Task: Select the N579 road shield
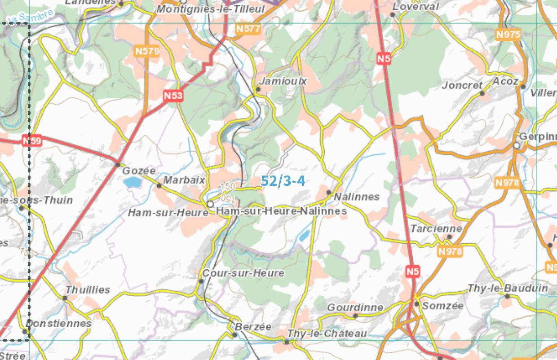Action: click(x=147, y=51)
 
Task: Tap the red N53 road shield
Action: click(x=173, y=96)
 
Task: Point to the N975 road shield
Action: click(x=508, y=35)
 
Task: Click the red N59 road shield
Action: click(x=32, y=141)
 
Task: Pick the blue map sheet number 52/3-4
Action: click(x=283, y=181)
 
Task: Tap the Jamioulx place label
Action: click(x=283, y=81)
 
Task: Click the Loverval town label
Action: click(x=416, y=7)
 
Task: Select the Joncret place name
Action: click(x=462, y=85)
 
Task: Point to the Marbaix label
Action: click(x=184, y=180)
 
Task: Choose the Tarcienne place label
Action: click(x=436, y=228)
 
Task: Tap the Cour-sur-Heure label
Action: click(x=243, y=273)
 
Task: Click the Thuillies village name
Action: click(x=88, y=290)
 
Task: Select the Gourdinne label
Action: click(x=355, y=307)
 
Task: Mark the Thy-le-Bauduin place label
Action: click(x=508, y=288)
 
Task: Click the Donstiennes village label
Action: click(x=59, y=323)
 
